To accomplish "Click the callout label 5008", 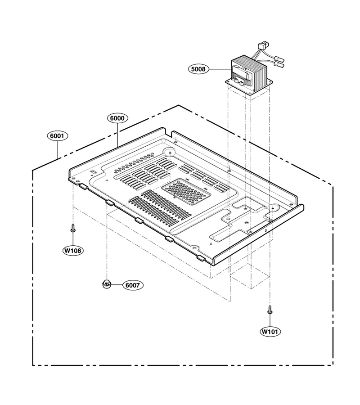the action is [x=198, y=69].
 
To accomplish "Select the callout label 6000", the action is [x=117, y=118].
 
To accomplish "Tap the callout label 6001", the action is [x=57, y=135].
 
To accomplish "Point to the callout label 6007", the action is [x=132, y=285].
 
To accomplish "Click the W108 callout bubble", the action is [x=73, y=250].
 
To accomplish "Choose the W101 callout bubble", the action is [x=270, y=331].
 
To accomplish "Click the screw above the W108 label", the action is [x=73, y=228].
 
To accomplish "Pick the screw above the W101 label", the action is [x=270, y=310].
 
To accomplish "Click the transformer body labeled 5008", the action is [x=249, y=73].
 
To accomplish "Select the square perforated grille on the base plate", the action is [x=184, y=191].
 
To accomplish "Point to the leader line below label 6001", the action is [x=57, y=149].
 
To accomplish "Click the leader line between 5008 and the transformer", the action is [x=220, y=69].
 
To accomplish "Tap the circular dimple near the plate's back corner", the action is [x=170, y=153].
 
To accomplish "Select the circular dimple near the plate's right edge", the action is [x=274, y=207].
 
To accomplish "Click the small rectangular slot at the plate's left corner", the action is [x=92, y=171].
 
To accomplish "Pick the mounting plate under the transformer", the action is [x=249, y=86].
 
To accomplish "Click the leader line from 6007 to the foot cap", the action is [x=117, y=285].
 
